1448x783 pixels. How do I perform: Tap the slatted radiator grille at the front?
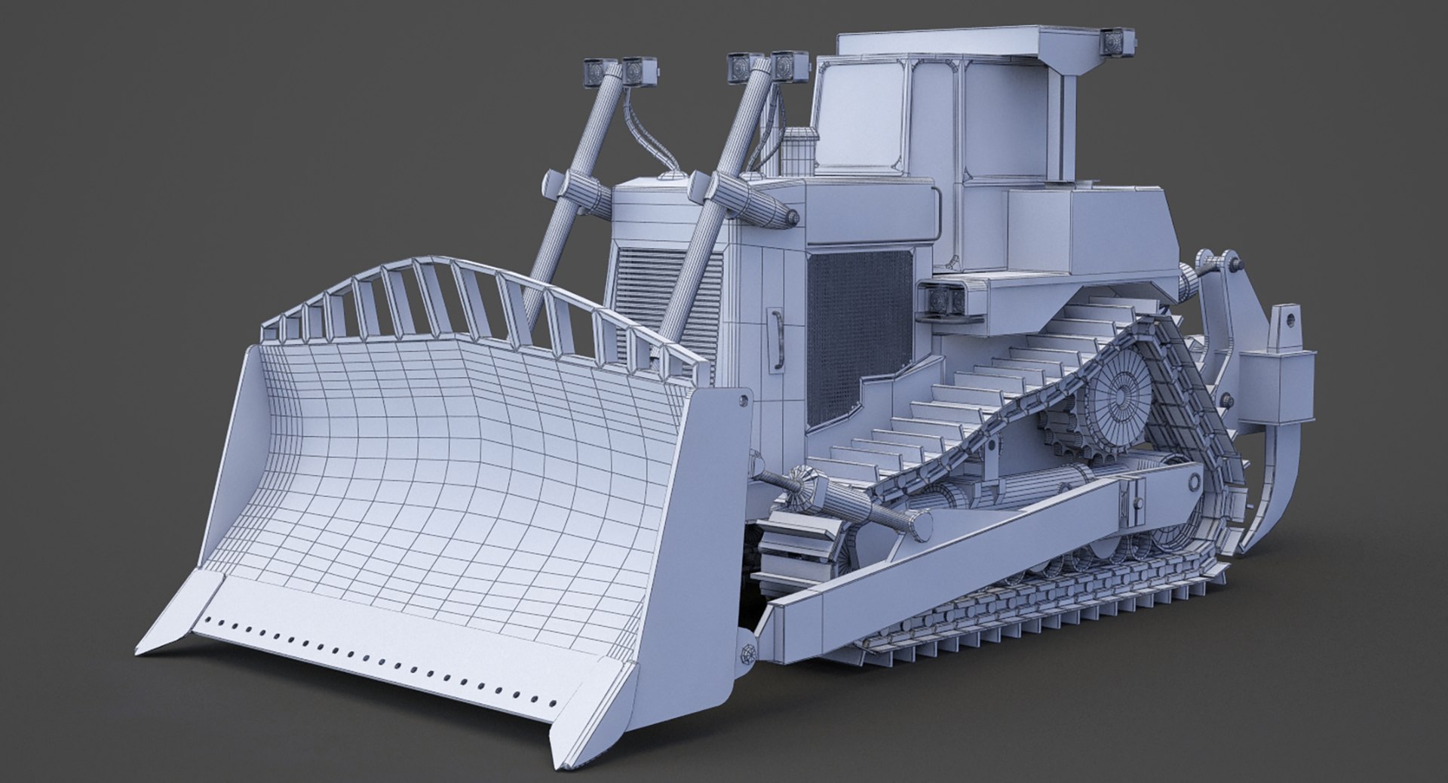pyautogui.click(x=649, y=302)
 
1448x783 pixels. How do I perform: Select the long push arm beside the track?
pyautogui.click(x=980, y=558)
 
